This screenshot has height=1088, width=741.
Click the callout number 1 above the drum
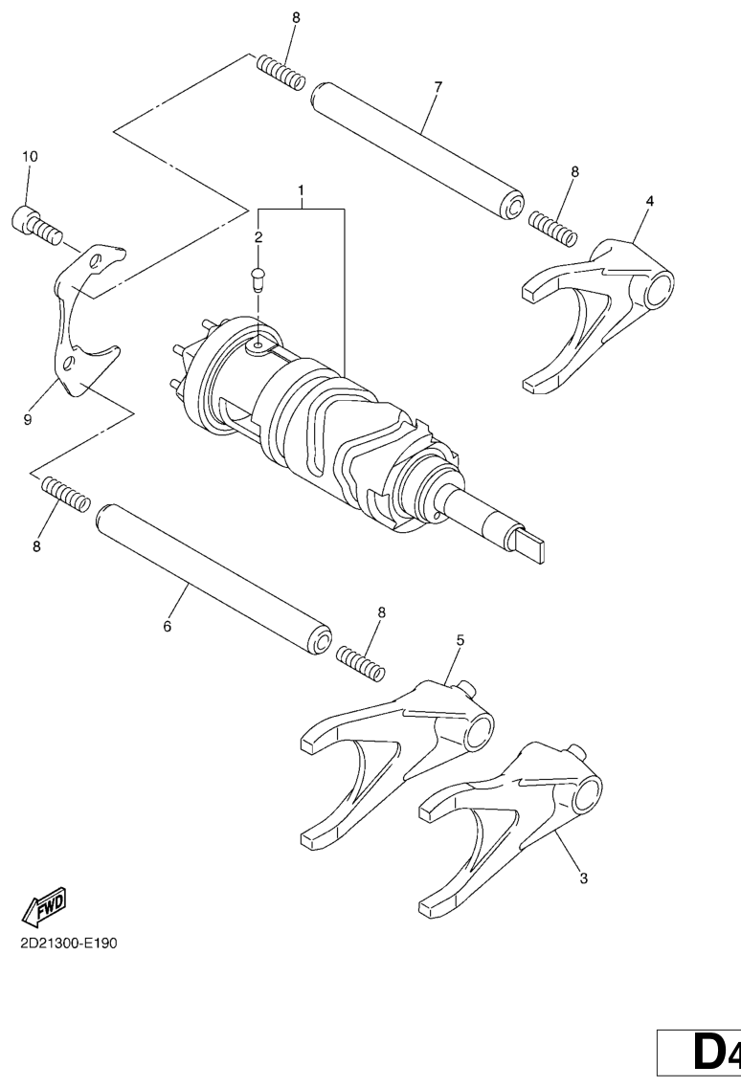(x=301, y=191)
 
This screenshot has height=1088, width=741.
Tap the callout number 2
(x=258, y=236)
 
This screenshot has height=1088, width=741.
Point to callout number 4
(x=650, y=202)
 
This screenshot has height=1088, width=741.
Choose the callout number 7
(x=438, y=88)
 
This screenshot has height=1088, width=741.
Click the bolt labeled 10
(x=34, y=222)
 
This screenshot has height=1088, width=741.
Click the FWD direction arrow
(x=46, y=903)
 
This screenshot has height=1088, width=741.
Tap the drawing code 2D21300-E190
(x=68, y=942)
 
